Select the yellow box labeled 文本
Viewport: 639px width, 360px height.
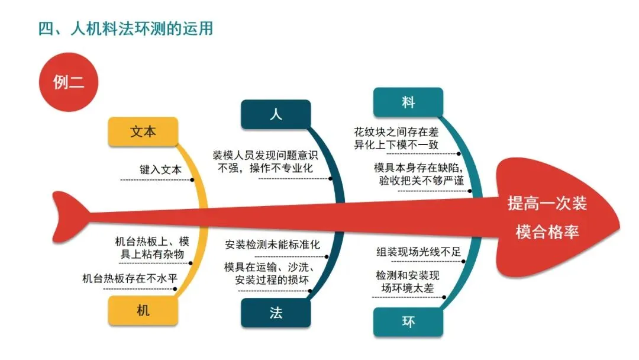(143, 131)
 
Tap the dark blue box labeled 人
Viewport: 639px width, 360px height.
(276, 114)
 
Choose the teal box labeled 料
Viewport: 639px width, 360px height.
(408, 102)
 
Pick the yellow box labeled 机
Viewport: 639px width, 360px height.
(143, 310)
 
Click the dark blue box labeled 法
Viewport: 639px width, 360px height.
(276, 313)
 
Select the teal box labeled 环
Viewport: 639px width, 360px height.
(408, 322)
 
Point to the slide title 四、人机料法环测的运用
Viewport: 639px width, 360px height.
(125, 28)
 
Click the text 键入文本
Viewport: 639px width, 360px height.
(160, 169)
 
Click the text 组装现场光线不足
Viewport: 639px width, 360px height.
(418, 252)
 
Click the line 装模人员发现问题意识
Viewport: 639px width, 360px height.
(266, 156)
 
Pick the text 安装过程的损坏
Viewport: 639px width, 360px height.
(272, 279)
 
